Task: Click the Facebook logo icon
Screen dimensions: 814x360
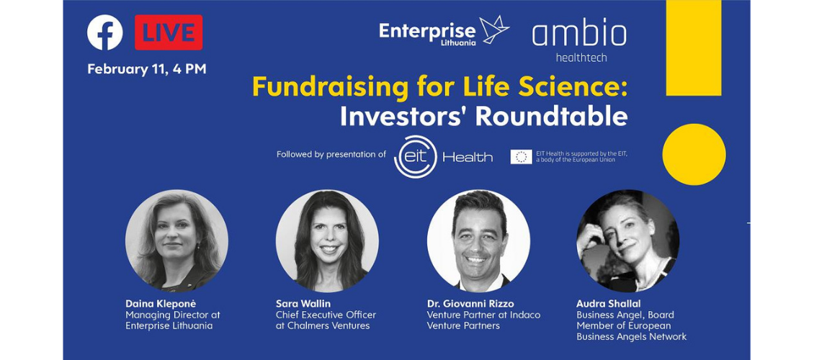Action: click(x=105, y=32)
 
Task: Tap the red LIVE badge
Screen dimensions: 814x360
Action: click(x=169, y=32)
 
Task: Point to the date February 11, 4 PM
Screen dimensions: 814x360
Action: click(x=147, y=69)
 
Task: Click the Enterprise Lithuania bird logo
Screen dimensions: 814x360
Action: click(x=493, y=30)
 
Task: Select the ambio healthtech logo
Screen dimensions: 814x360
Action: click(x=579, y=42)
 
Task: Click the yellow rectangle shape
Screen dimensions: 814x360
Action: click(x=694, y=48)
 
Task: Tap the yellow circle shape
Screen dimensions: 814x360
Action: click(x=694, y=154)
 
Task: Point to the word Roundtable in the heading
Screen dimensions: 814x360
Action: click(x=551, y=117)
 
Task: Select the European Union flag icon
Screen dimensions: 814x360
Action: click(x=522, y=157)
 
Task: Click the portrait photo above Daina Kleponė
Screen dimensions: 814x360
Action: click(x=176, y=240)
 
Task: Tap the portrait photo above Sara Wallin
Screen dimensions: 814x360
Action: click(x=327, y=240)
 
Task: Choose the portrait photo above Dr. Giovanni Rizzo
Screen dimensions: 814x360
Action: click(x=478, y=240)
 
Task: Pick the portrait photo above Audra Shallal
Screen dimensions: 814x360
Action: click(x=628, y=240)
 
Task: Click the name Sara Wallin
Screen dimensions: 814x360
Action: click(x=303, y=303)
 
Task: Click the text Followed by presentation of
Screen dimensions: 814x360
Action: click(x=331, y=155)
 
